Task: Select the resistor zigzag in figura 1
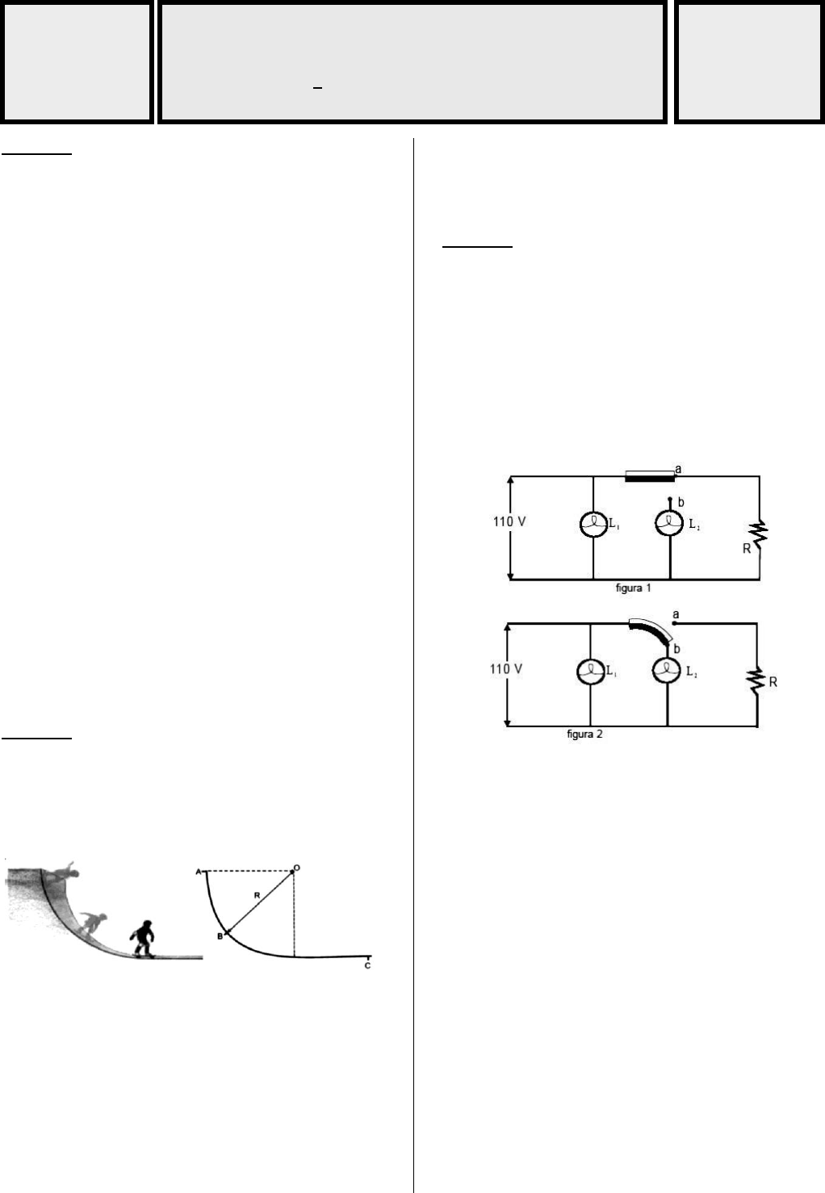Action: [758, 533]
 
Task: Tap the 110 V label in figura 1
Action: [510, 521]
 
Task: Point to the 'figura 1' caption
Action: [633, 588]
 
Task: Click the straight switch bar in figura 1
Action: [650, 477]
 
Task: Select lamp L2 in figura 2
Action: [668, 671]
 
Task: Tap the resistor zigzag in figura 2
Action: [756, 680]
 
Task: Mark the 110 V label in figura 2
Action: [506, 669]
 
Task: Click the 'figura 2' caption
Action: [584, 735]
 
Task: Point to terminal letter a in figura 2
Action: [676, 615]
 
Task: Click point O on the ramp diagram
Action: [294, 870]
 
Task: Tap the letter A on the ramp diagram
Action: [198, 873]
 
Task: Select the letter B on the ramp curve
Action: [219, 936]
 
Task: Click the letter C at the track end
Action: [367, 966]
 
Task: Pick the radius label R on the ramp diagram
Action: [256, 896]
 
